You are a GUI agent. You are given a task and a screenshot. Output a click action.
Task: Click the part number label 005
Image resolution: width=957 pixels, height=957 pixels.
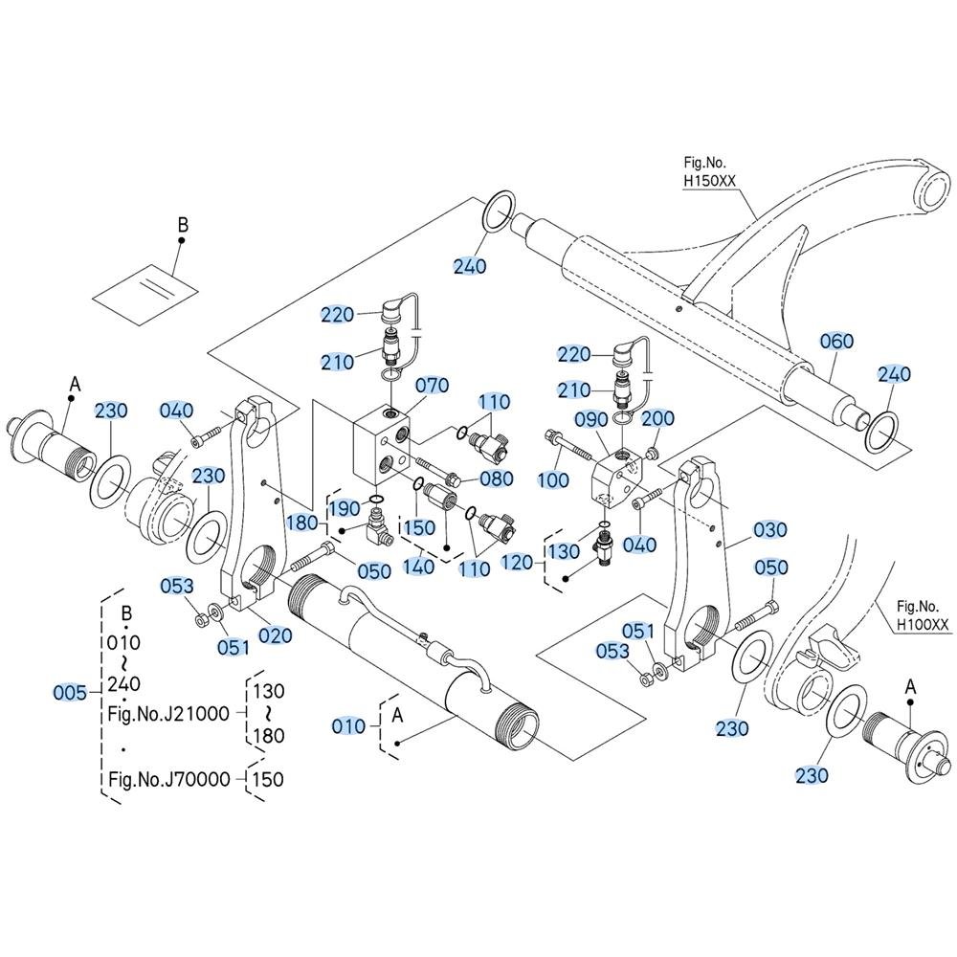70,693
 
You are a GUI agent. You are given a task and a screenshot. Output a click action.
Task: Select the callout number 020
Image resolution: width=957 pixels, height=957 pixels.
276,636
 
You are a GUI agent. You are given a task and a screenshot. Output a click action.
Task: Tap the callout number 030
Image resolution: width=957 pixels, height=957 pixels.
769,530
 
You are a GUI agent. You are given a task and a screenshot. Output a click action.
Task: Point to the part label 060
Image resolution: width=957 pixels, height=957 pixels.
836,342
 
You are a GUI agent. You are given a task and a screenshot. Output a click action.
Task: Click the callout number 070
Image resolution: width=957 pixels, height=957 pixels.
433,385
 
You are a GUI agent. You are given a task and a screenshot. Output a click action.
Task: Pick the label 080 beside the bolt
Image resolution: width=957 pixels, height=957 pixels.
496,478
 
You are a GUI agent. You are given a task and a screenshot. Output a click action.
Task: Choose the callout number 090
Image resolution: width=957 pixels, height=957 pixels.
591,419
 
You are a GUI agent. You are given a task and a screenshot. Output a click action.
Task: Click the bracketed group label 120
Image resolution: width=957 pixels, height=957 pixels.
517,562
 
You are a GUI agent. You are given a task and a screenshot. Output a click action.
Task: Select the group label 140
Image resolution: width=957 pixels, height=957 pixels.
419,567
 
